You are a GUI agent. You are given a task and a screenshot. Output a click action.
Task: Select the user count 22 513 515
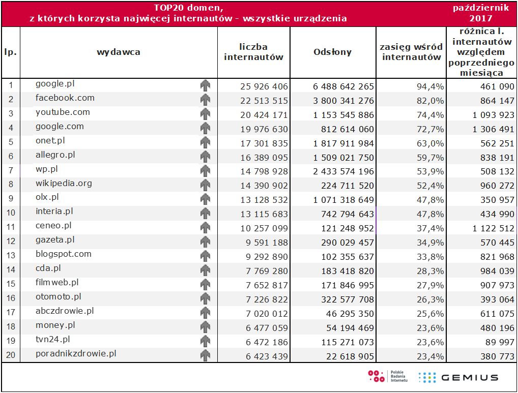point(264,101)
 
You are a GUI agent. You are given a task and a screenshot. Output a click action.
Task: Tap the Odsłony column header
point(332,52)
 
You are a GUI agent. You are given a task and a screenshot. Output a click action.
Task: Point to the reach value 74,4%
point(430,115)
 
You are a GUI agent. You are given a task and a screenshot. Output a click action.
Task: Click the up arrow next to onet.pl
point(205,142)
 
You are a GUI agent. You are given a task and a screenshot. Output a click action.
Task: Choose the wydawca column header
point(118,52)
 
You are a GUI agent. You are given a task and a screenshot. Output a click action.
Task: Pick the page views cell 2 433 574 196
point(343,172)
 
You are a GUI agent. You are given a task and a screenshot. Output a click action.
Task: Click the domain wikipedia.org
point(64,183)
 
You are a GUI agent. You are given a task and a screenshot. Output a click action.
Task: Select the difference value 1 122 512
point(494,229)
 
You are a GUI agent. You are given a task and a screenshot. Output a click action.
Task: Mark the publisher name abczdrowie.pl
point(65,311)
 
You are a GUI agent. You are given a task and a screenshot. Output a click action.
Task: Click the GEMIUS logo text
point(469,377)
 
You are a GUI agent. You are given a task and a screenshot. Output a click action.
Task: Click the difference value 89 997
point(501,343)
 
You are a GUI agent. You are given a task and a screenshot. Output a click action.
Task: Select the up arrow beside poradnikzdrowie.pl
point(205,355)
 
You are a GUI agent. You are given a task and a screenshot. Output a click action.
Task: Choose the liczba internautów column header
point(253,52)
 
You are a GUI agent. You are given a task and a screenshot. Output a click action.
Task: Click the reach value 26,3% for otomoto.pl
point(430,300)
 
